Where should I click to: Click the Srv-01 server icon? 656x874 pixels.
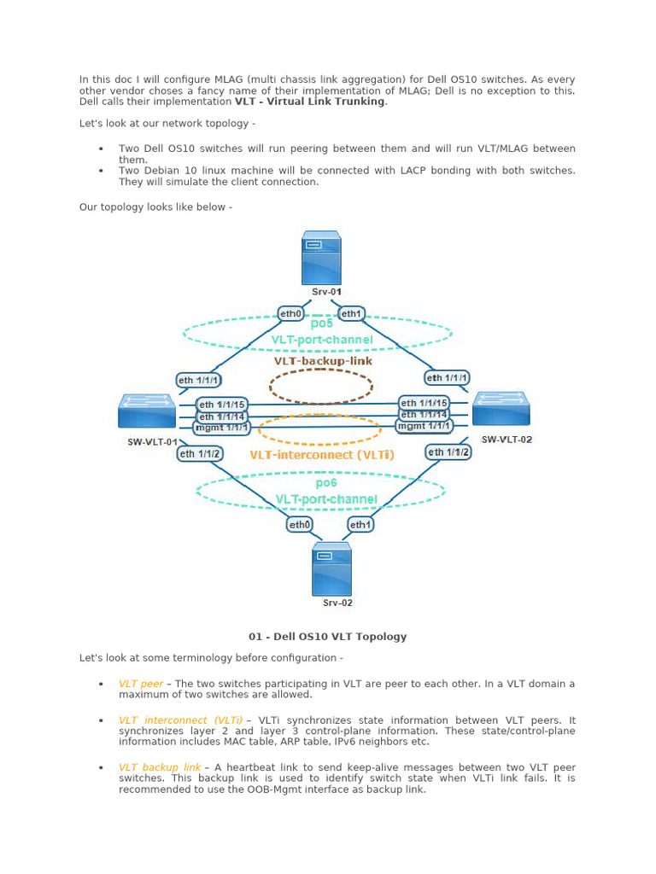click(x=321, y=260)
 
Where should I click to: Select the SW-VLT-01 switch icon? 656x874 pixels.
click(x=147, y=411)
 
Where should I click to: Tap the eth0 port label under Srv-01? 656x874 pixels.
click(x=291, y=313)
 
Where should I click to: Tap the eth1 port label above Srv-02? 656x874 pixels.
click(x=360, y=524)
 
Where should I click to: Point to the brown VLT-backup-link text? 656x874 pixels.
click(x=323, y=361)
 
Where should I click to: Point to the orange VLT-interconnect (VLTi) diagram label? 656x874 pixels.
click(x=322, y=455)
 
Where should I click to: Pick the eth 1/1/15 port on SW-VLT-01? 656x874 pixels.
click(x=222, y=405)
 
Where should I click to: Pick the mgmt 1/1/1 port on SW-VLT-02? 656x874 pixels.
click(x=425, y=426)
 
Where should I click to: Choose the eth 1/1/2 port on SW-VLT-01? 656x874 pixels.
click(x=200, y=454)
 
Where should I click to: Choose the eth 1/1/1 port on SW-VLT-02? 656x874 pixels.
click(x=448, y=377)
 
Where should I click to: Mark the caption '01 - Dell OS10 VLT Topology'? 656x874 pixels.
click(x=327, y=637)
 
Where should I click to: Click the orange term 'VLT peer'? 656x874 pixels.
click(x=141, y=684)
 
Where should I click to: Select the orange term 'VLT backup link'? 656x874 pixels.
click(x=160, y=767)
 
